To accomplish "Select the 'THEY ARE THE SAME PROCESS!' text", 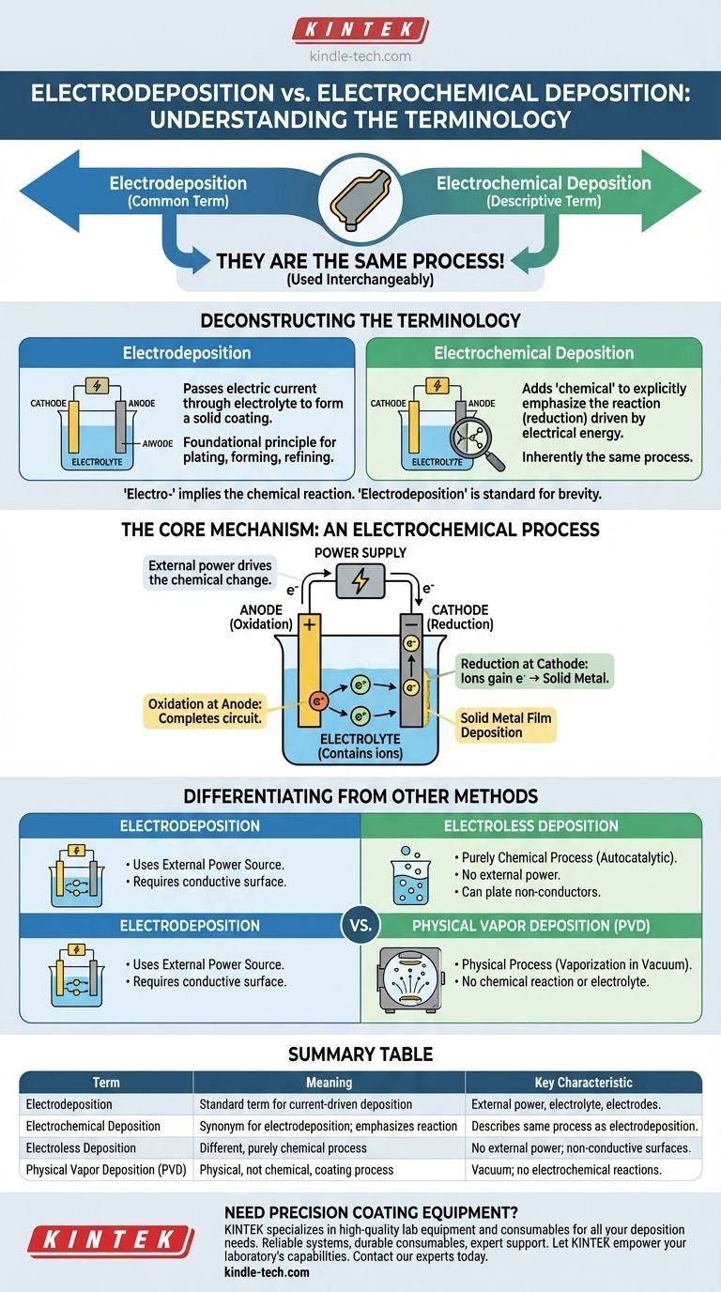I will click(x=360, y=261).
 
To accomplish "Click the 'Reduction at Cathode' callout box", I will click(x=535, y=671).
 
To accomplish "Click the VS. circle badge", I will click(x=360, y=925).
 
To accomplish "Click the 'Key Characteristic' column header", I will click(x=583, y=1083).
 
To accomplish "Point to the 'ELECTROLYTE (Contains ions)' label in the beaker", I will click(x=360, y=746).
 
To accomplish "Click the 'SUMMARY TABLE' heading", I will click(x=360, y=1054).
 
